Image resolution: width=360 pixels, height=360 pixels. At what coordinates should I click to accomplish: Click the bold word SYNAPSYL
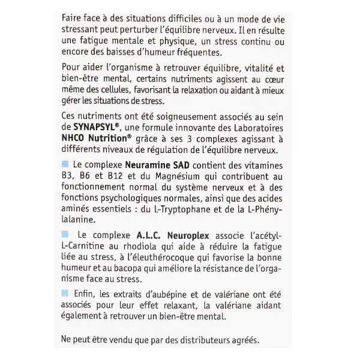pyautogui.click(x=90, y=127)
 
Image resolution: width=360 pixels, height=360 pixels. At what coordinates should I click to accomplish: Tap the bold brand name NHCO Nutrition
pyautogui.click(x=94, y=138)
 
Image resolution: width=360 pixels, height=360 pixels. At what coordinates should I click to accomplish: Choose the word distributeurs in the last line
pyautogui.click(x=193, y=339)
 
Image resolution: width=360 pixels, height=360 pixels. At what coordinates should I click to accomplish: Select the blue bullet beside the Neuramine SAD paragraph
pyautogui.click(x=65, y=164)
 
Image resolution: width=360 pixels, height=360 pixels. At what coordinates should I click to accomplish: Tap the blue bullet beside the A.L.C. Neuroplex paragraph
pyautogui.click(x=65, y=234)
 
